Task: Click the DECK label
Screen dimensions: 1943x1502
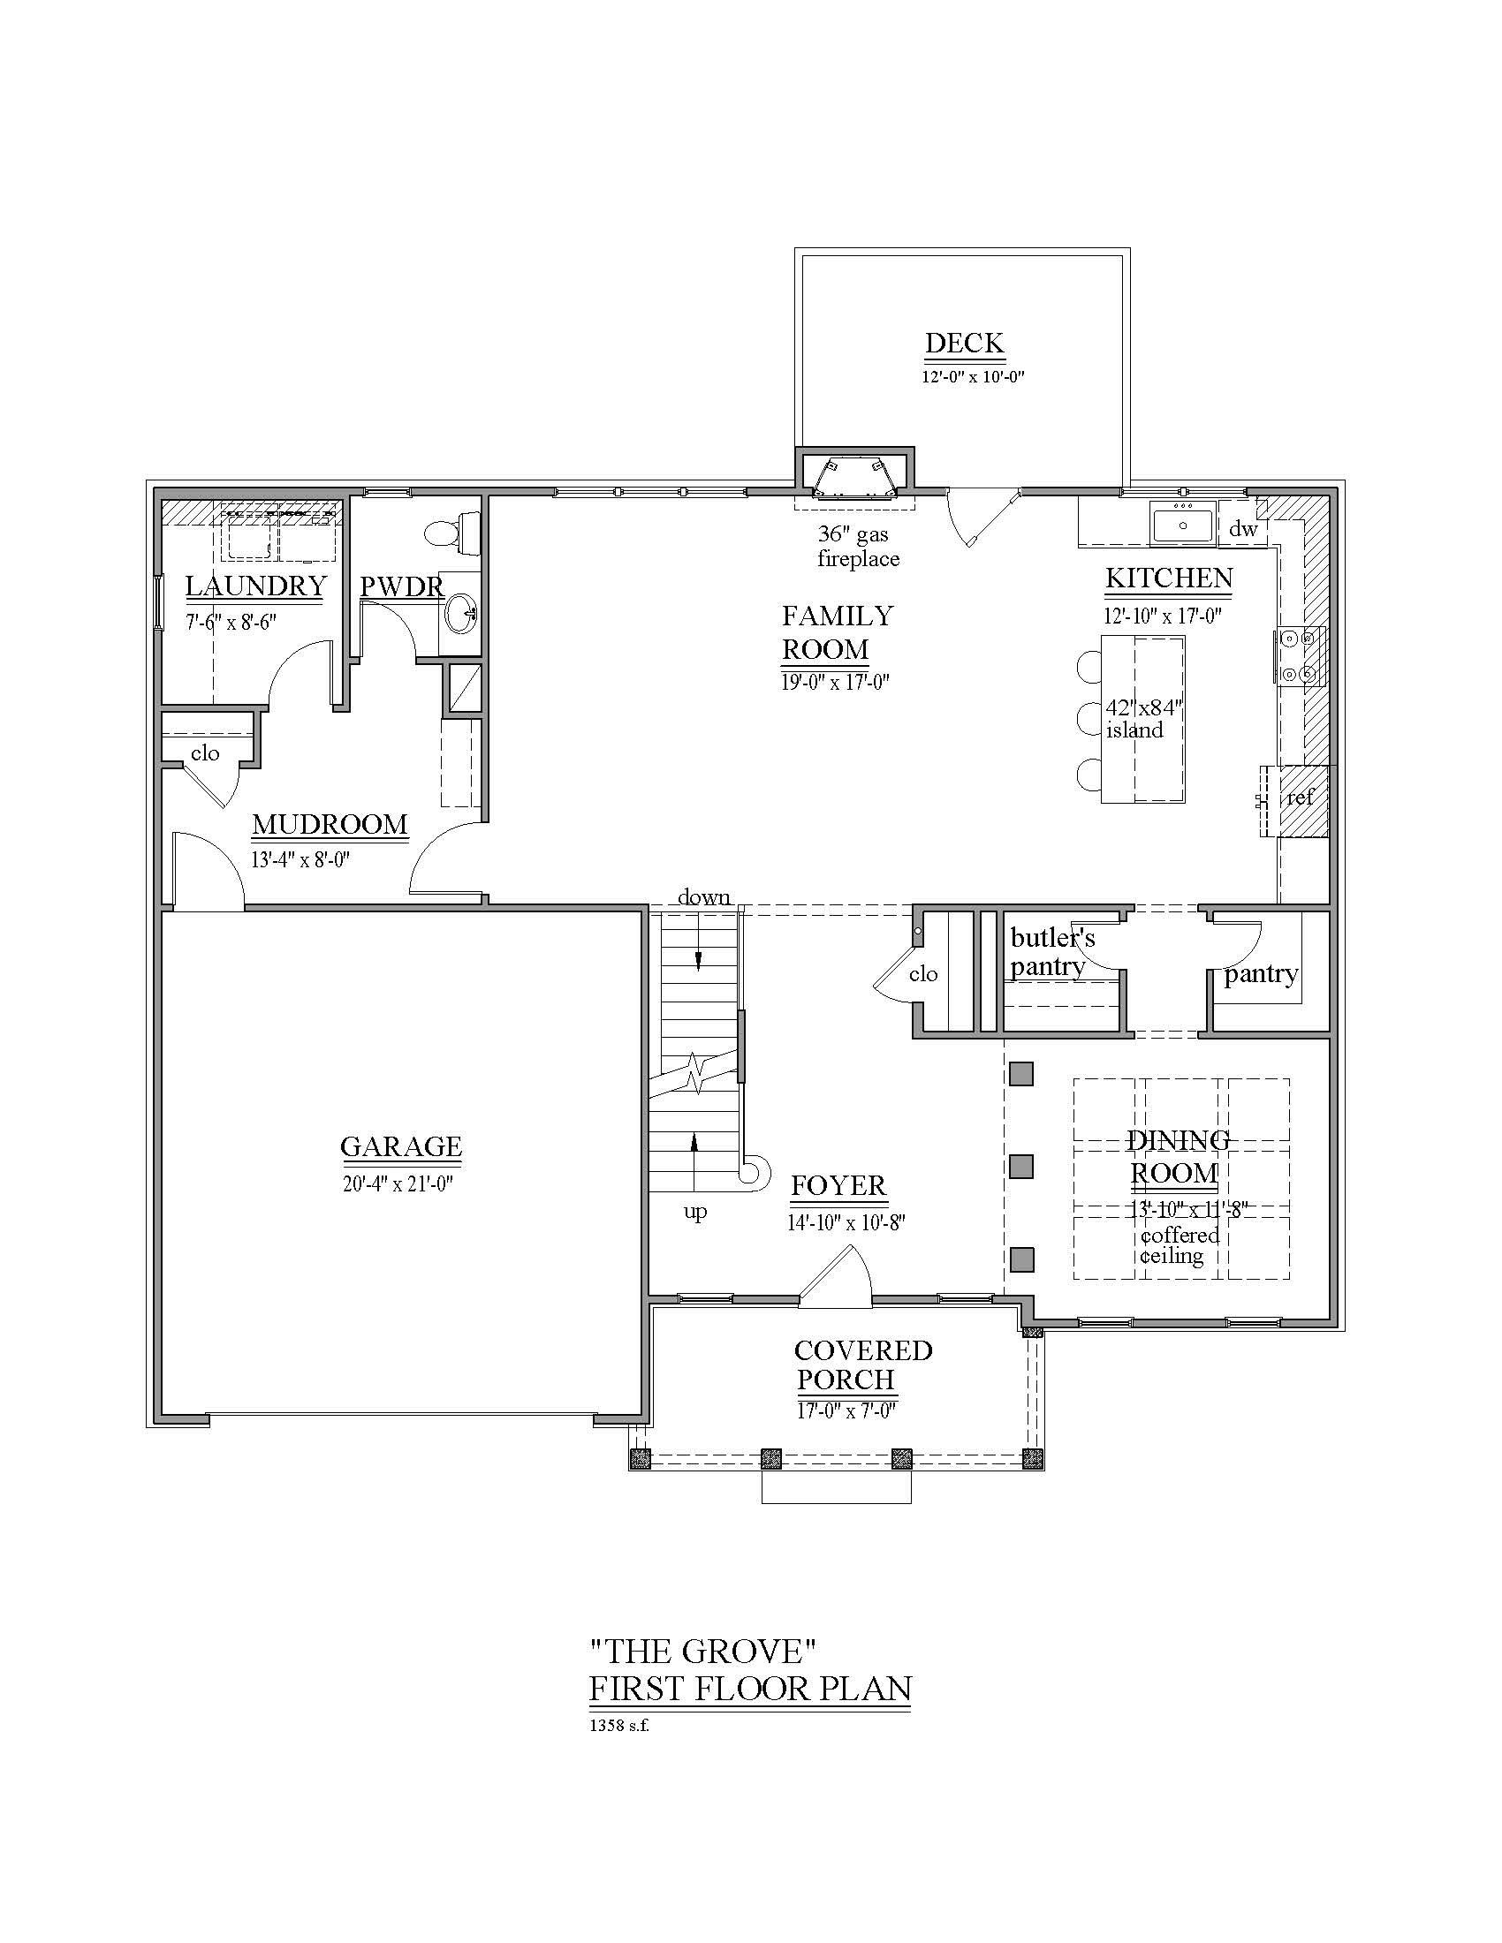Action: (x=965, y=344)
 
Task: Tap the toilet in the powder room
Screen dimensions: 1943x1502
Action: (x=454, y=531)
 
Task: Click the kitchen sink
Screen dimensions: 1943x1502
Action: (x=1181, y=523)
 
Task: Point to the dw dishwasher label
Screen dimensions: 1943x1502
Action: (x=1242, y=528)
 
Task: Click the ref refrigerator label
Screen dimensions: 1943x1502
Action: (x=1300, y=798)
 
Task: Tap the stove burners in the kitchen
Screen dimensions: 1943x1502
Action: (x=1298, y=654)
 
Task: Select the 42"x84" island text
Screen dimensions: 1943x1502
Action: (x=1142, y=719)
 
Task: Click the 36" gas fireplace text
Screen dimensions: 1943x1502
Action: (x=858, y=546)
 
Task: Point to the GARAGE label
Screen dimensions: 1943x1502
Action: (x=401, y=1145)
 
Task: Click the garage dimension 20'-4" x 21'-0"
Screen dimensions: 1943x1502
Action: (x=398, y=1184)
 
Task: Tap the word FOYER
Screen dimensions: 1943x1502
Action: (x=839, y=1185)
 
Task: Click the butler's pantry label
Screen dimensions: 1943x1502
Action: (x=1051, y=952)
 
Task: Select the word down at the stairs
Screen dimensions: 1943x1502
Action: (x=704, y=896)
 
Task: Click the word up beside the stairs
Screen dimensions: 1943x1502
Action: (x=695, y=1212)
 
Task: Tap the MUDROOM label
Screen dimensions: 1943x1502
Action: (x=330, y=824)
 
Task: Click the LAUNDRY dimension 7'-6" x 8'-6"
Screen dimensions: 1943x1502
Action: (x=231, y=622)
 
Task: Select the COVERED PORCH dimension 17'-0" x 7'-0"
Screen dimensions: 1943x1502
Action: (x=847, y=1411)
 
